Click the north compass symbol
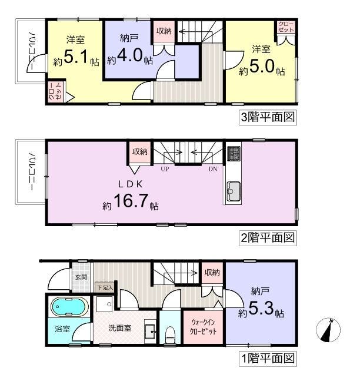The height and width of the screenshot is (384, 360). point(328,330)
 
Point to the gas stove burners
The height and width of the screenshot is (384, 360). point(234,154)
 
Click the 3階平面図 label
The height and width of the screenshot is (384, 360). point(268,117)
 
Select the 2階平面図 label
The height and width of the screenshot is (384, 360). point(268,238)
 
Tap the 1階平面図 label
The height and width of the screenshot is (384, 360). point(268,359)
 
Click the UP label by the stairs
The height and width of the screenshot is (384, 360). point(165,168)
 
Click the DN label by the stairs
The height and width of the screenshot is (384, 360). point(213,168)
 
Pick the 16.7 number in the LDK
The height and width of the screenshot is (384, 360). point(131,201)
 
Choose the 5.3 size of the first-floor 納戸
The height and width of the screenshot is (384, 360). point(261,308)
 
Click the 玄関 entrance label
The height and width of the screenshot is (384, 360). point(81,277)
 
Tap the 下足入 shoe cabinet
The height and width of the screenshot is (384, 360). point(105,287)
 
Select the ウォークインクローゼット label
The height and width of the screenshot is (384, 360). point(203,327)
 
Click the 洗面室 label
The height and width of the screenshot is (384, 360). point(120,328)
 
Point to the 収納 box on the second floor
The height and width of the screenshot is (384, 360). point(139,152)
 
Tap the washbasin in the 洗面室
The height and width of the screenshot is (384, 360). point(149,332)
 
